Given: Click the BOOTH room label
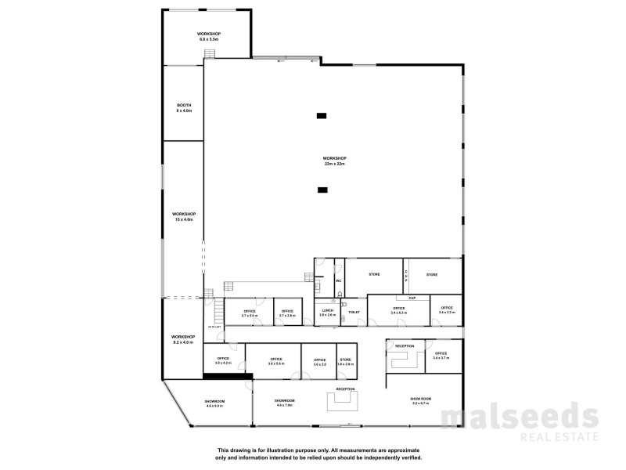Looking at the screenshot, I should pyautogui.click(x=183, y=107).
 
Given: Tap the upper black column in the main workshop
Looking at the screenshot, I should pyautogui.click(x=322, y=116).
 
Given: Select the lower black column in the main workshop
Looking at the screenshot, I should pyautogui.click(x=322, y=190).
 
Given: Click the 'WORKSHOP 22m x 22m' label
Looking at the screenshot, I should pyautogui.click(x=334, y=161).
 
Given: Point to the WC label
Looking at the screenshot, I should pyautogui.click(x=339, y=280).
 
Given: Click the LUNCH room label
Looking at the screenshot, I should pyautogui.click(x=327, y=312).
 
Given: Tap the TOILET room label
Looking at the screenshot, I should pyautogui.click(x=354, y=312).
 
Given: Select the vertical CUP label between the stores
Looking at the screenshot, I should pyautogui.click(x=406, y=276).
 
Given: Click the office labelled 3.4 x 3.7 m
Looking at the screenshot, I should pyautogui.click(x=442, y=355).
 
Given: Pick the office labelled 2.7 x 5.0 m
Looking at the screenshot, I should pyautogui.click(x=250, y=313).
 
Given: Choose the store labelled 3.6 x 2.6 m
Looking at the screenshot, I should pyautogui.click(x=346, y=361).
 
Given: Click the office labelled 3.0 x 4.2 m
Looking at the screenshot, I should pyautogui.click(x=224, y=361).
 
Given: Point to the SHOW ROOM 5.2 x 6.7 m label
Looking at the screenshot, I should pyautogui.click(x=420, y=400).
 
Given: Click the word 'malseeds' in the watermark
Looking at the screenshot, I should pyautogui.click(x=520, y=417).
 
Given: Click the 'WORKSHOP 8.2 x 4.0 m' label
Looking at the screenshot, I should pyautogui.click(x=183, y=339).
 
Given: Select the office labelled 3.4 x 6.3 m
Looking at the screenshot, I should pyautogui.click(x=398, y=310).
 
